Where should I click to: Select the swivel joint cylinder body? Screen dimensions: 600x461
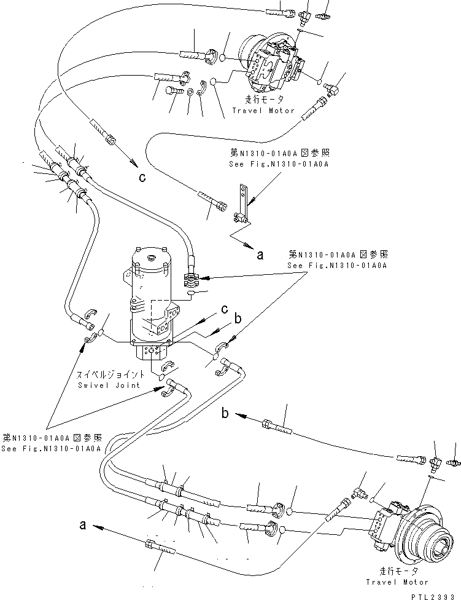[150, 295]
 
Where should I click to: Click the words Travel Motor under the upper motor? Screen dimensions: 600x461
[263, 111]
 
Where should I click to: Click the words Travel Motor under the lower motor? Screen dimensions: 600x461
[396, 582]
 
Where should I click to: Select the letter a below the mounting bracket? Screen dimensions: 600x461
[260, 256]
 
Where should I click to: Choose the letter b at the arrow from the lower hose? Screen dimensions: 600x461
[226, 414]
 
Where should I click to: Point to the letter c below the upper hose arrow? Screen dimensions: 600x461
[142, 178]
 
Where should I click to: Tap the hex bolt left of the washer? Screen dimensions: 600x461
[173, 92]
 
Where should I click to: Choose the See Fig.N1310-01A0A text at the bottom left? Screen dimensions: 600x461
[52, 449]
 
